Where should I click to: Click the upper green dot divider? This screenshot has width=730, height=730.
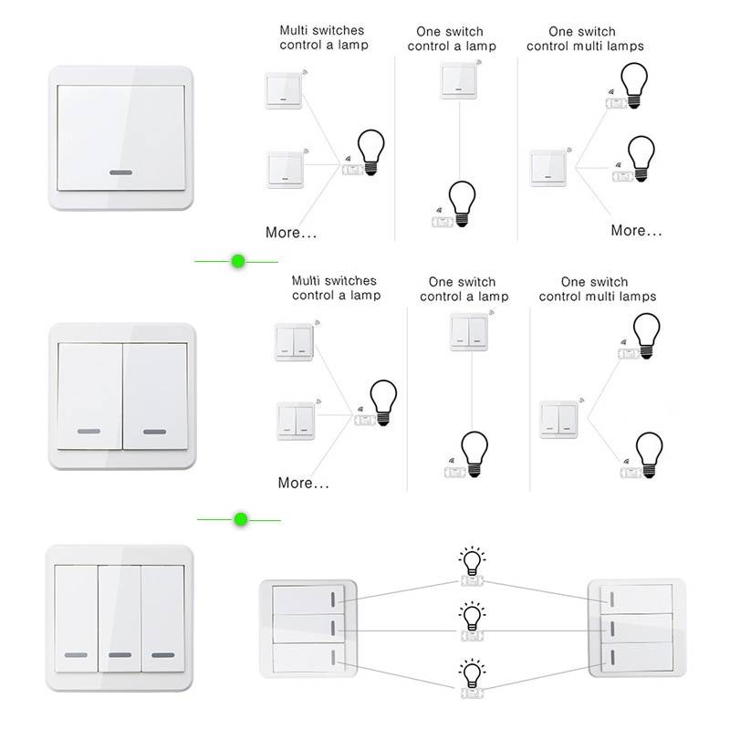(x=238, y=261)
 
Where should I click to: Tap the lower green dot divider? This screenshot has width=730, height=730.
(x=241, y=519)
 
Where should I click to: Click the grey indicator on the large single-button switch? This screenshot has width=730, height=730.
(x=121, y=172)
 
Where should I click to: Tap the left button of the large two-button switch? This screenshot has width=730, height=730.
(x=89, y=396)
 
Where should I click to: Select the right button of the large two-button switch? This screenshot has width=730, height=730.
(x=155, y=396)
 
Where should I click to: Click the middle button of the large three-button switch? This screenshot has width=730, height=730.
(x=120, y=619)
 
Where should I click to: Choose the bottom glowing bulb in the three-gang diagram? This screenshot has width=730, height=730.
(x=472, y=673)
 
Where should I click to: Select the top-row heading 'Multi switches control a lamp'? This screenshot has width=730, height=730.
(x=324, y=37)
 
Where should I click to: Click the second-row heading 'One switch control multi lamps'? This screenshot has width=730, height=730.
(x=598, y=289)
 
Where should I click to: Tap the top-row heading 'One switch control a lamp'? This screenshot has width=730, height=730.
(x=452, y=38)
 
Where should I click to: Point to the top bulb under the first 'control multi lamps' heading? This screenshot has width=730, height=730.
(x=633, y=86)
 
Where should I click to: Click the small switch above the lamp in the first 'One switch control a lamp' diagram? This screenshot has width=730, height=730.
(x=459, y=81)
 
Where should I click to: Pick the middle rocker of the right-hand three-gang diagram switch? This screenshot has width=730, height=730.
(x=636, y=629)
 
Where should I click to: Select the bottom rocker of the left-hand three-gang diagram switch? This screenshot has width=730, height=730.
(x=308, y=658)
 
